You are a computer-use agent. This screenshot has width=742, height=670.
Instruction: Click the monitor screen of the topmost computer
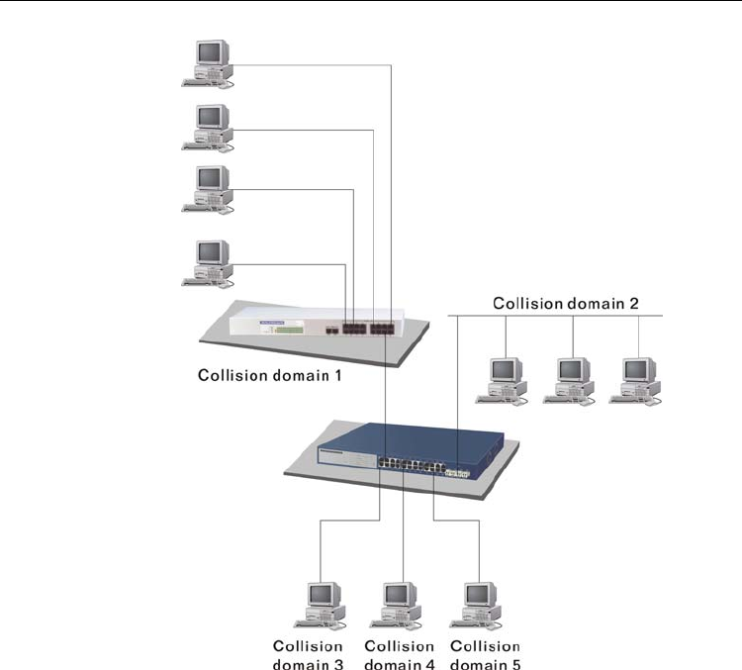(211, 51)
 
